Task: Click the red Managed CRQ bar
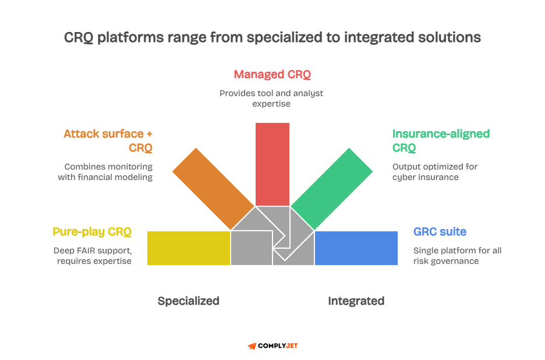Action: coord(272,164)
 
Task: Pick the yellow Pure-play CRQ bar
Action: coord(189,248)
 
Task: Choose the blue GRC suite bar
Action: coord(356,248)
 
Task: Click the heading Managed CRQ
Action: coord(272,75)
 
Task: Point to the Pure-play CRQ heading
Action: coord(92,232)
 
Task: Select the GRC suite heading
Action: coord(440,232)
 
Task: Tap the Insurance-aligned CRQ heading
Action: coord(441,140)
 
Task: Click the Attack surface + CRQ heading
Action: coord(108,140)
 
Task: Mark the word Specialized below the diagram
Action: coord(188,301)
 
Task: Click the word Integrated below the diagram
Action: coord(356,301)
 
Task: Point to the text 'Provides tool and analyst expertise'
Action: coord(271,98)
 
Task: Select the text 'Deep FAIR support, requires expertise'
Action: coord(93,256)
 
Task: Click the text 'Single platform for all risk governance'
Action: coord(457,256)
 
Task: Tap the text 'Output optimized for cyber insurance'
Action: coord(435,172)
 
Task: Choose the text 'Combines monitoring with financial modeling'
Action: coord(105,172)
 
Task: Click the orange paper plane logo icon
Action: coord(252,346)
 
